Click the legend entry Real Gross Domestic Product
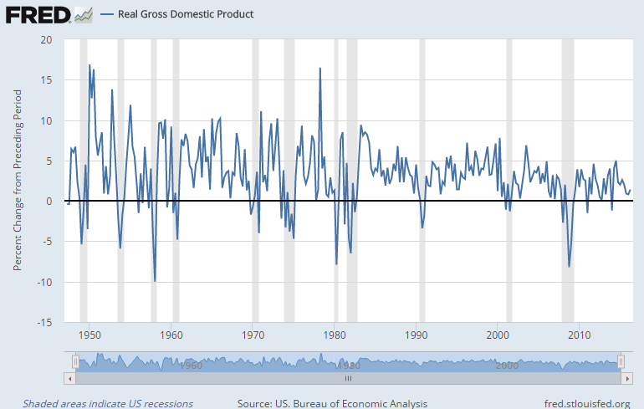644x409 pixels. pyautogui.click(x=186, y=14)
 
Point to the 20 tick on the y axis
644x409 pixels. pyautogui.click(x=45, y=39)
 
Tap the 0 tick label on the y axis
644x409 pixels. pyautogui.click(x=48, y=202)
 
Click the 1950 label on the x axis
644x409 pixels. pyautogui.click(x=90, y=335)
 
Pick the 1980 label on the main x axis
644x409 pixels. pyautogui.click(x=335, y=335)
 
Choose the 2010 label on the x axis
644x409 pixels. pyautogui.click(x=579, y=335)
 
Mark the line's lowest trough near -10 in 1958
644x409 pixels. pyautogui.click(x=155, y=281)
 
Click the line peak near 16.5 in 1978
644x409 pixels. pyautogui.click(x=319, y=68)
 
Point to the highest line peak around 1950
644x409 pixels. pyautogui.click(x=89, y=65)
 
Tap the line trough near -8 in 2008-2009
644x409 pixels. pyautogui.click(x=570, y=267)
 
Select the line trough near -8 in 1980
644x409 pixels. pyautogui.click(x=336, y=264)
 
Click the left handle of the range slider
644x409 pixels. pyautogui.click(x=75, y=361)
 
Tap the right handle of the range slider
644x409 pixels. pyautogui.click(x=621, y=361)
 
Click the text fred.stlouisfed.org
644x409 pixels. pyautogui.click(x=586, y=403)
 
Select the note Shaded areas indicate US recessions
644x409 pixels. pyautogui.click(x=108, y=403)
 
